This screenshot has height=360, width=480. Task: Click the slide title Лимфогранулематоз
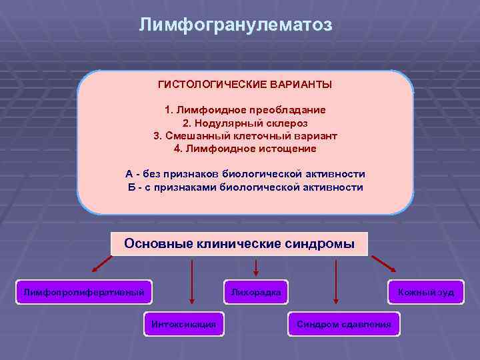pos(235,25)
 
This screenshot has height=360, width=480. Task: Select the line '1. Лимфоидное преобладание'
pos(245,109)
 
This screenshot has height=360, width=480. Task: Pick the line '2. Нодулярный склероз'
pos(245,123)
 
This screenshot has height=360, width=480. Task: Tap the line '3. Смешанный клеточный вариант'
pos(245,135)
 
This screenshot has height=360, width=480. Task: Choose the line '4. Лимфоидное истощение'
pos(245,148)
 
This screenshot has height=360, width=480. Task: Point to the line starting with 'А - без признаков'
pos(245,174)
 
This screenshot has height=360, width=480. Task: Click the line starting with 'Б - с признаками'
pos(245,187)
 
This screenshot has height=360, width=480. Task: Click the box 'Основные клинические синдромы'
pos(239,243)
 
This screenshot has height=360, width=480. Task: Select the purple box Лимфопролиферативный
pos(83,292)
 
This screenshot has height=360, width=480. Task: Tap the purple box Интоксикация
pos(183,324)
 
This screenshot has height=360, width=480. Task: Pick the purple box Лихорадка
pos(256,292)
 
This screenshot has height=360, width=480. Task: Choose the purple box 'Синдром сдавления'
pos(343,324)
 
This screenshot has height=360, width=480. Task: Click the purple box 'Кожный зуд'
pos(425,292)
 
